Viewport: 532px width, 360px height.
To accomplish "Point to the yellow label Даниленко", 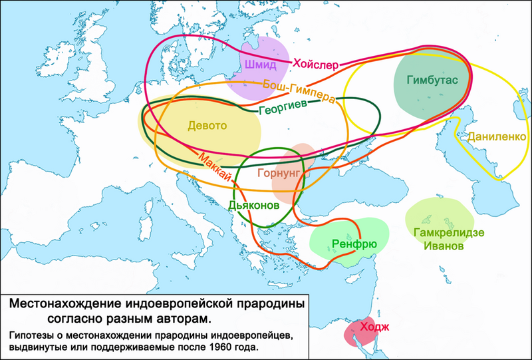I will click(x=497, y=136).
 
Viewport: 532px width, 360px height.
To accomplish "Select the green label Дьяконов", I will click(x=253, y=206).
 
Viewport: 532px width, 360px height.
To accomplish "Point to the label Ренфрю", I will click(x=354, y=244).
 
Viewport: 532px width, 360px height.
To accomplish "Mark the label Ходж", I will click(x=374, y=326).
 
